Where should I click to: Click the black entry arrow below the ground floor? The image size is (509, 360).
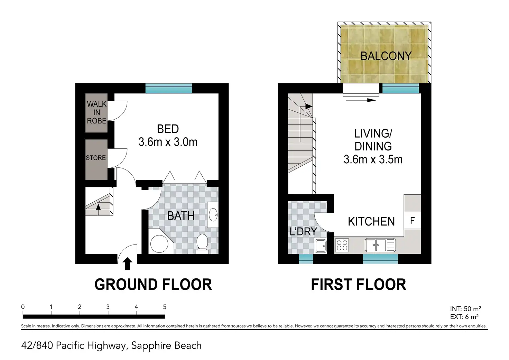click(127, 264)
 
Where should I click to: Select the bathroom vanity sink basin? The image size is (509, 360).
click(213, 214)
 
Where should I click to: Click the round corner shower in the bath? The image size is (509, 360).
click(159, 244)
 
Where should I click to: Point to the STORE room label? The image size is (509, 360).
click(96, 158)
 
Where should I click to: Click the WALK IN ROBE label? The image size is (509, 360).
click(96, 112)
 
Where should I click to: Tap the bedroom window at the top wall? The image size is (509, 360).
click(169, 89)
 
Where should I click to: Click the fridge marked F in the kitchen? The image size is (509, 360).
click(413, 220)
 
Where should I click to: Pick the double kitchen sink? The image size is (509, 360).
click(380, 245)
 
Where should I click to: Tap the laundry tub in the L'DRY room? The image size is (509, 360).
click(321, 246)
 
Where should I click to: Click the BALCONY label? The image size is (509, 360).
click(386, 56)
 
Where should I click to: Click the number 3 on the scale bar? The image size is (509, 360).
click(108, 307)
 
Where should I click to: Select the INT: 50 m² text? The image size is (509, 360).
click(465, 308)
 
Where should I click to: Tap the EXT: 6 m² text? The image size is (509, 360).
click(464, 316)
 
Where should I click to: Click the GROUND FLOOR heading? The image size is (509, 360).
click(153, 285)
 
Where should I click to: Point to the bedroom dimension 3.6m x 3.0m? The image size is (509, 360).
click(168, 142)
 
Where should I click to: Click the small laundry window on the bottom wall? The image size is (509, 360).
click(306, 259)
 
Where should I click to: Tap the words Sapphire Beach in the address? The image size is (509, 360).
click(166, 346)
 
